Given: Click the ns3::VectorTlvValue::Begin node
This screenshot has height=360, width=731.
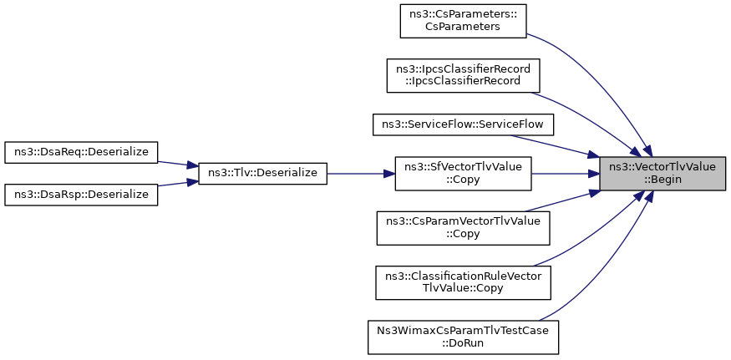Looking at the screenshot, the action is point(662,174).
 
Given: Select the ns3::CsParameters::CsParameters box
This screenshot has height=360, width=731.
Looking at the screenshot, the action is point(463,21).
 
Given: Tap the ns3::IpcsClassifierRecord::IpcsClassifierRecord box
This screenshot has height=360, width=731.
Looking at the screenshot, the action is point(463,75).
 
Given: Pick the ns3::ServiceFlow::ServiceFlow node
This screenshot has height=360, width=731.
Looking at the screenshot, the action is point(463,124).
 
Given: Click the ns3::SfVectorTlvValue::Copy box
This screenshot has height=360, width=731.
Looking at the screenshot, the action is point(463,174).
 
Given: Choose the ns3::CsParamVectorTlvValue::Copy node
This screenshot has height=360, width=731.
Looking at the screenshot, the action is point(463,228).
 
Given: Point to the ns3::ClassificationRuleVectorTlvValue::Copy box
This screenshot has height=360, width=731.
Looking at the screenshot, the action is point(463,282).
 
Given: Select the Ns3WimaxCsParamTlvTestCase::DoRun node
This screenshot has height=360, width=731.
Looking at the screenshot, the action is point(463,337).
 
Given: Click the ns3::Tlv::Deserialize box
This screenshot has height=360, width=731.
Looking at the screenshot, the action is point(262,174).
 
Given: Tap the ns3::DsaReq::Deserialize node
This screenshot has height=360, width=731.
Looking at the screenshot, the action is point(81,152).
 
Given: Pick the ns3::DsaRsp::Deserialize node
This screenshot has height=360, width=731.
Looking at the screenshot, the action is point(81,195).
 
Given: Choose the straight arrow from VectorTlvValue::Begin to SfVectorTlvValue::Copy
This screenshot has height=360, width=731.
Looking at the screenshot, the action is point(566,174).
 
